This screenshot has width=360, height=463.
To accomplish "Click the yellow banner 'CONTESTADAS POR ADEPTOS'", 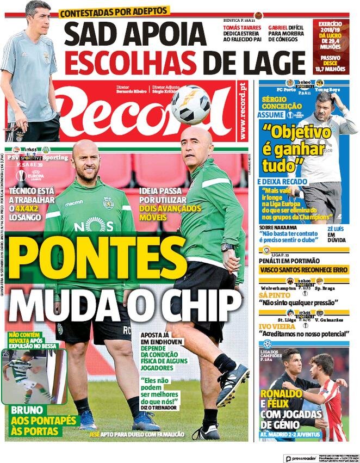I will (114, 11).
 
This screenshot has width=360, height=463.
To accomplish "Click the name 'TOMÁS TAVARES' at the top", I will (243, 28).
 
